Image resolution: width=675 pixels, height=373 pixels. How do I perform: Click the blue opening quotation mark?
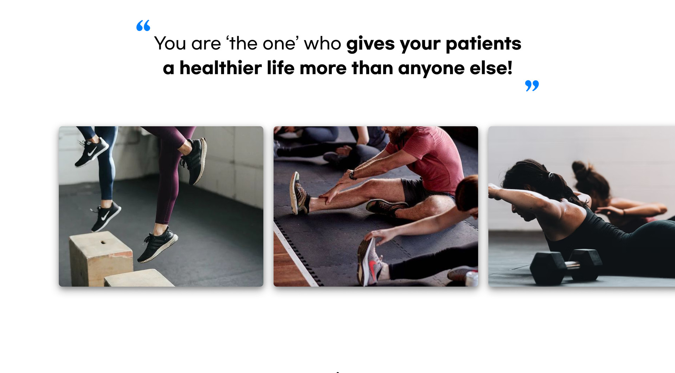click(143, 26)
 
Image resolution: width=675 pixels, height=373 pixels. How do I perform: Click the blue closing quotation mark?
click(532, 86)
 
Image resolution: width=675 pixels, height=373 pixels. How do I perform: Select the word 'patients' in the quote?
click(483, 44)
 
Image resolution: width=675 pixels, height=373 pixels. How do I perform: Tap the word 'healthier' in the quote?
click(220, 68)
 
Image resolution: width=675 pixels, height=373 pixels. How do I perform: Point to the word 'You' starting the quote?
click(170, 44)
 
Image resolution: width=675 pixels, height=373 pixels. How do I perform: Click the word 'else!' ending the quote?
click(491, 68)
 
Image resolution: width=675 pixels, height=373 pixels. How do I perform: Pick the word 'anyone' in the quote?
click(431, 69)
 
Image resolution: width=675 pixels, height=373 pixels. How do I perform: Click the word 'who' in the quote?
click(322, 44)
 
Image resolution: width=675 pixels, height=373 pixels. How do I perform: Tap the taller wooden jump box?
click(101, 258)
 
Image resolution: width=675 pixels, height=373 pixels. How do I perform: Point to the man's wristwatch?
click(352, 175)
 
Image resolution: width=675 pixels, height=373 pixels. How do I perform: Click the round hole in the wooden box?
click(103, 242)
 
